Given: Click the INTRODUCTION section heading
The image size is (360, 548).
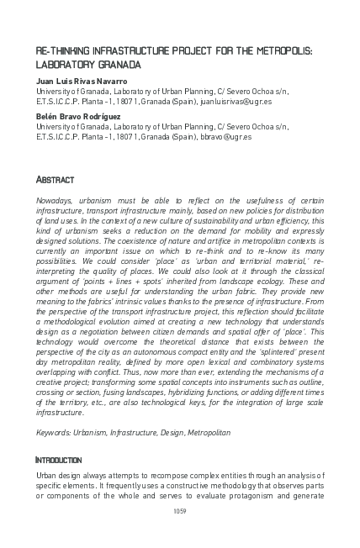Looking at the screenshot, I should (58, 461).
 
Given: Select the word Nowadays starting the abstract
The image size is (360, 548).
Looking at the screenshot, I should (53, 203).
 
